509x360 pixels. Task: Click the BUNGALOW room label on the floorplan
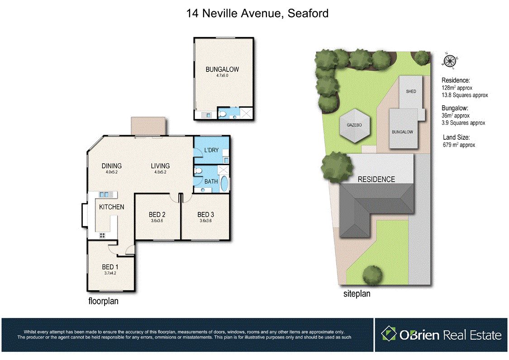pyautogui.click(x=222, y=69)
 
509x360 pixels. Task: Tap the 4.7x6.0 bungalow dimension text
pyautogui.click(x=222, y=76)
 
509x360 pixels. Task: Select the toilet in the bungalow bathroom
pyautogui.click(x=223, y=114)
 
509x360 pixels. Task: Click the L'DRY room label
pyautogui.click(x=211, y=150)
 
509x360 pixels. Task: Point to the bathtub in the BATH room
pyautogui.click(x=224, y=184)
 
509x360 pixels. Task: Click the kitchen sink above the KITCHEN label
pyautogui.click(x=106, y=194)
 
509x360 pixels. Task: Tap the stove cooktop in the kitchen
pyautogui.click(x=102, y=235)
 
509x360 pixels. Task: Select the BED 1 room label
pyautogui.click(x=110, y=267)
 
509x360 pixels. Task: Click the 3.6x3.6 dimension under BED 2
pyautogui.click(x=157, y=221)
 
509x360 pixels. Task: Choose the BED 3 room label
pyautogui.click(x=205, y=214)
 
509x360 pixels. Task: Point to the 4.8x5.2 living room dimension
pyautogui.click(x=160, y=172)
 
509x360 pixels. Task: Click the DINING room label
pyautogui.click(x=112, y=166)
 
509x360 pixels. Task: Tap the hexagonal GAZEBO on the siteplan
pyautogui.click(x=354, y=125)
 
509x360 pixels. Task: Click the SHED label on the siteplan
pyautogui.click(x=411, y=91)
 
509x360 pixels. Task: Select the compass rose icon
pyautogui.click(x=450, y=61)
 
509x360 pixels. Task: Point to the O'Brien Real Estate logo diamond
pyautogui.click(x=389, y=334)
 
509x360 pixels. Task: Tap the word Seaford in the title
pyautogui.click(x=308, y=13)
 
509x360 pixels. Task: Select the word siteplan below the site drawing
pyautogui.click(x=357, y=294)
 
